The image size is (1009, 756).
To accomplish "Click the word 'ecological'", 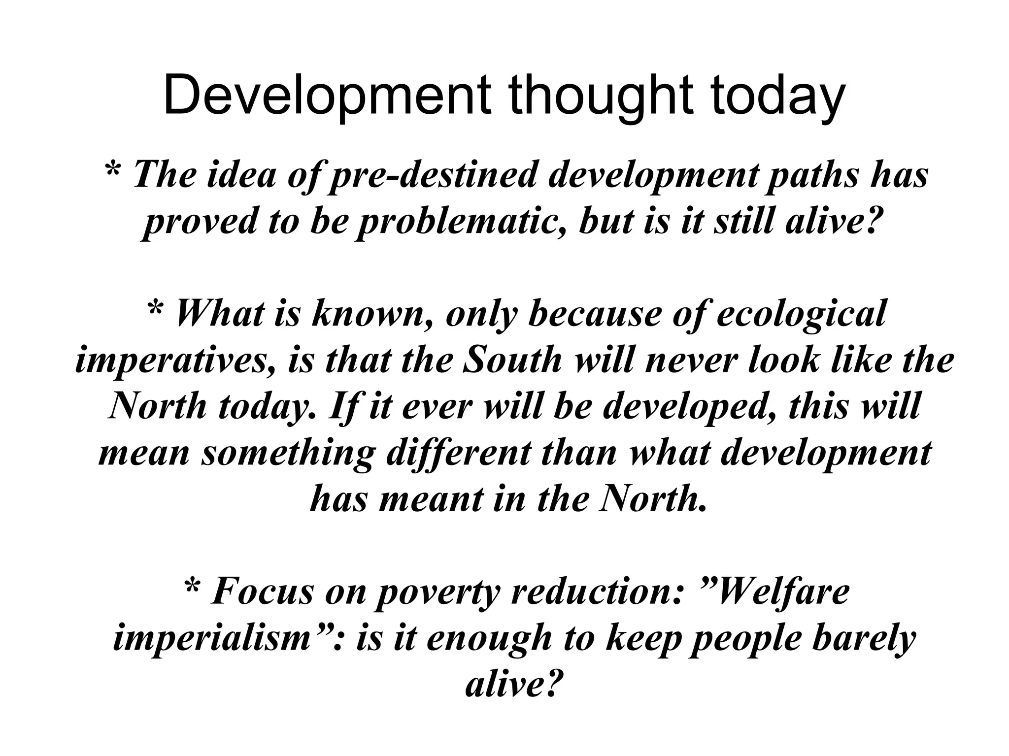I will (801, 314).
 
